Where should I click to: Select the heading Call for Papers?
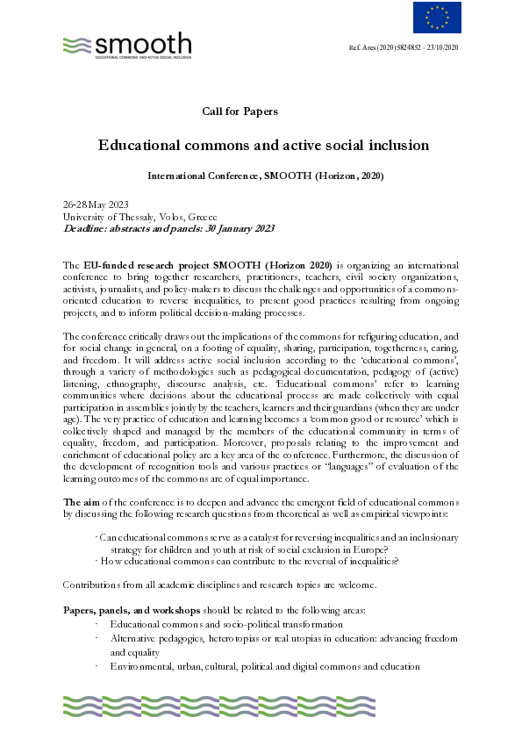pyautogui.click(x=240, y=111)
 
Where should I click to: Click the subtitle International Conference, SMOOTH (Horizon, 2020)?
pyautogui.click(x=253, y=176)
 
